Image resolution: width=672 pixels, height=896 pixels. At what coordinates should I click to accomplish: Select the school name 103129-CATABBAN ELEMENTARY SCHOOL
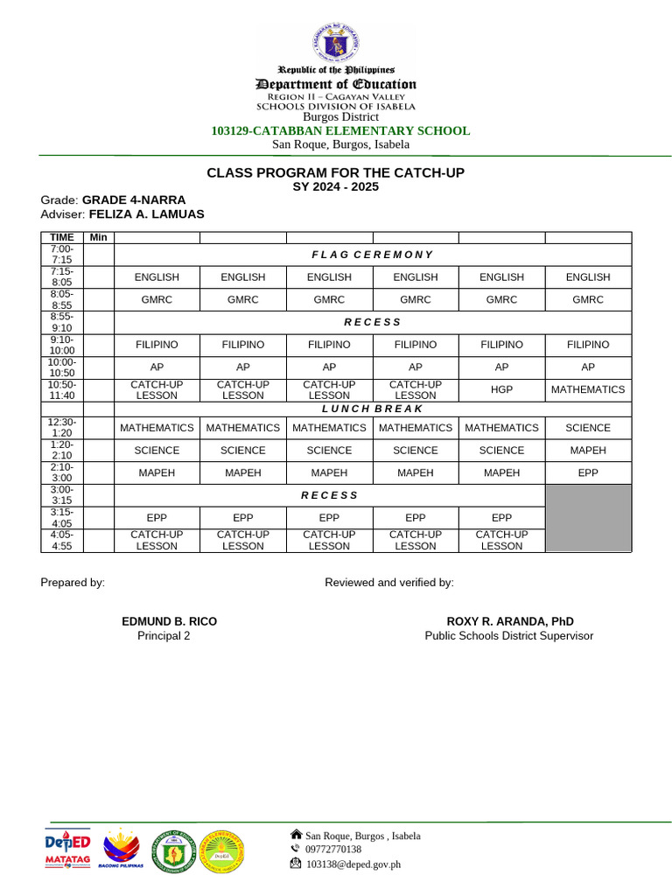tap(340, 130)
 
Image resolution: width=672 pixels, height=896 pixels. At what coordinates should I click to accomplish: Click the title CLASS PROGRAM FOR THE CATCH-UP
tap(335, 173)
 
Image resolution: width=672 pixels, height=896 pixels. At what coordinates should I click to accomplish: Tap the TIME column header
tap(62, 237)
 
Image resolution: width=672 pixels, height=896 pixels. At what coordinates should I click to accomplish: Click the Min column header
tap(99, 237)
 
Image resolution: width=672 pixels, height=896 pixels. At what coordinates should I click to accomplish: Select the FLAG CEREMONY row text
tap(372, 255)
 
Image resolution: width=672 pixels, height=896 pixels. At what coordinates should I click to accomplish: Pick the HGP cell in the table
tap(501, 389)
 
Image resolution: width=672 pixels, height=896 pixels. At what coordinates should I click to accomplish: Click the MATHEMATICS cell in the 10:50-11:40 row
tap(587, 389)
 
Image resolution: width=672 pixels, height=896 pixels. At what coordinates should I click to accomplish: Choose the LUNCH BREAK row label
tap(372, 409)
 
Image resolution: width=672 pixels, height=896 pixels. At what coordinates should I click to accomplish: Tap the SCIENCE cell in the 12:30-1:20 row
tap(587, 428)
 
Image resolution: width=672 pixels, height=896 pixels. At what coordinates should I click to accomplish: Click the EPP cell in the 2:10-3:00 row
tap(587, 472)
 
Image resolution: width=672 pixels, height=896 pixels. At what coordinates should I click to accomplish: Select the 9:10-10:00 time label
tap(62, 345)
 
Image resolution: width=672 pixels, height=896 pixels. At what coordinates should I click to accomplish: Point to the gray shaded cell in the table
tap(587, 517)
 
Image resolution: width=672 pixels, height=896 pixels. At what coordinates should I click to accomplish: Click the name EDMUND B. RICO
tap(169, 621)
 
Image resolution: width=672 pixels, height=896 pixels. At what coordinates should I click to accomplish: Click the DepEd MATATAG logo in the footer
tap(67, 848)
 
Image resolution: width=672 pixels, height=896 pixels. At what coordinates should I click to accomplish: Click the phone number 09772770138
tap(332, 849)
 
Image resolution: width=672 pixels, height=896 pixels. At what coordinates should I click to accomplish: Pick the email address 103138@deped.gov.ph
tap(353, 864)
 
